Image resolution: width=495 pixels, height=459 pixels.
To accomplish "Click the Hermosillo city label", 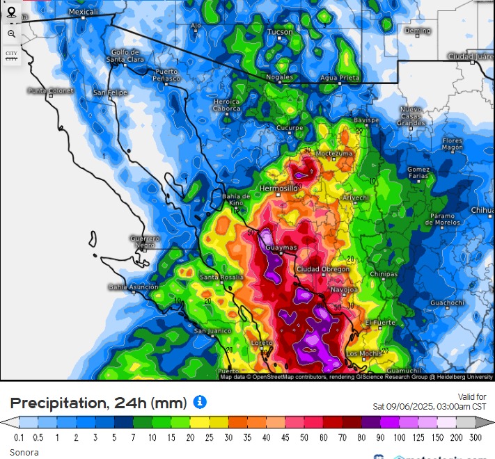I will (278, 188).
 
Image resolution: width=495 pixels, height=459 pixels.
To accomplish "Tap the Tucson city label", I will (281, 32).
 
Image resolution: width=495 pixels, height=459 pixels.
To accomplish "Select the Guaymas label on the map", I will (281, 248).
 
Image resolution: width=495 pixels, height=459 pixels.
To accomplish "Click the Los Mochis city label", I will (363, 353).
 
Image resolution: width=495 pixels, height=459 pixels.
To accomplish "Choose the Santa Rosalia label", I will (221, 277).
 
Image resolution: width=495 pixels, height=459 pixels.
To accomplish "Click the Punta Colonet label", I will (51, 90).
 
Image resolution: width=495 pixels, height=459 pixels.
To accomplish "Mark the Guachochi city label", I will (446, 303).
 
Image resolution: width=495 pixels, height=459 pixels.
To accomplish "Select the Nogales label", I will (279, 77).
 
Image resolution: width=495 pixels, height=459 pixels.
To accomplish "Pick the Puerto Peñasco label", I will (166, 75).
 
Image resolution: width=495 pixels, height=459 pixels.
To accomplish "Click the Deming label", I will (418, 31).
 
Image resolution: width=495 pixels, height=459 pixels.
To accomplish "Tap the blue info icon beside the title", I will (199, 402).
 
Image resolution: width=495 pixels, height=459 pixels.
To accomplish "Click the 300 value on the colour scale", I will (475, 437).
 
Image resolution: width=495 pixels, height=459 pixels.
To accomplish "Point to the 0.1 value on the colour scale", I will (19, 437).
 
